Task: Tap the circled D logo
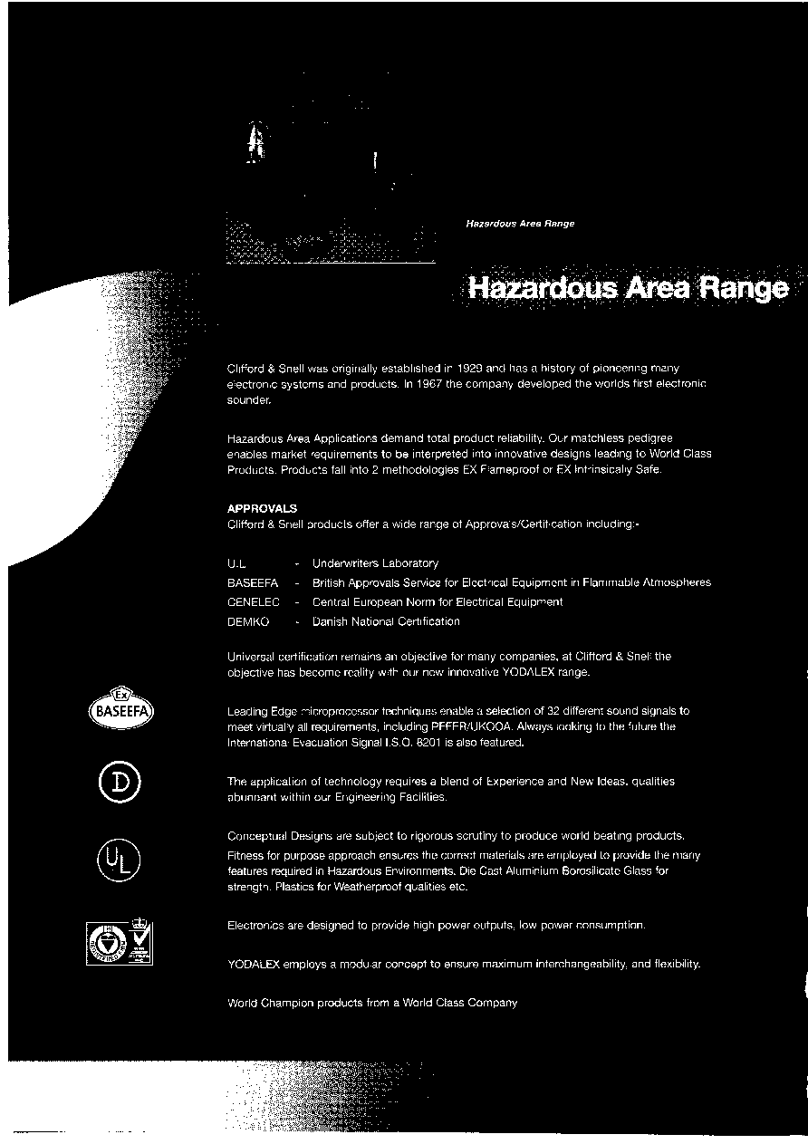[x=121, y=782]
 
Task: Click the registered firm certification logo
[x=120, y=944]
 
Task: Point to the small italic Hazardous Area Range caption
[x=520, y=223]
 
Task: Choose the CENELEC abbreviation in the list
[x=253, y=601]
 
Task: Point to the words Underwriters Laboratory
[x=375, y=563]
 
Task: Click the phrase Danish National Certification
[x=386, y=621]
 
